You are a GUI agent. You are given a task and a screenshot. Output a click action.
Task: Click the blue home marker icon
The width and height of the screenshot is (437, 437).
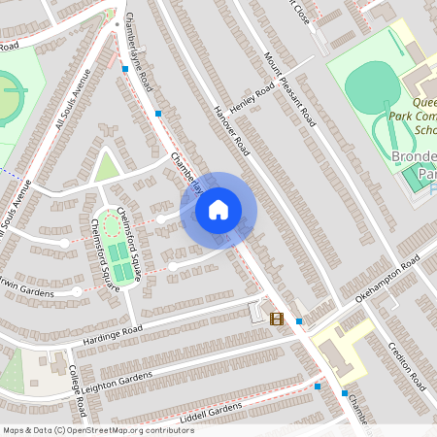pyautogui.click(x=218, y=210)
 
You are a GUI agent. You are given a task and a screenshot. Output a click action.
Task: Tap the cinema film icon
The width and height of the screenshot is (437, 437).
pyautogui.click(x=277, y=319)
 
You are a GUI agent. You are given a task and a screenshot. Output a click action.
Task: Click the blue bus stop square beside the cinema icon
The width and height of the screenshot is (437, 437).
pyautogui.click(x=299, y=320)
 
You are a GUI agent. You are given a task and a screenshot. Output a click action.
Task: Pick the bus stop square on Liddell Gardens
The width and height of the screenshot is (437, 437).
pyautogui.click(x=318, y=386)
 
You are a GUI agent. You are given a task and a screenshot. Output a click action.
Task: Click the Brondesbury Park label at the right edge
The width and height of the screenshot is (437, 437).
pyautogui.click(x=416, y=165)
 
